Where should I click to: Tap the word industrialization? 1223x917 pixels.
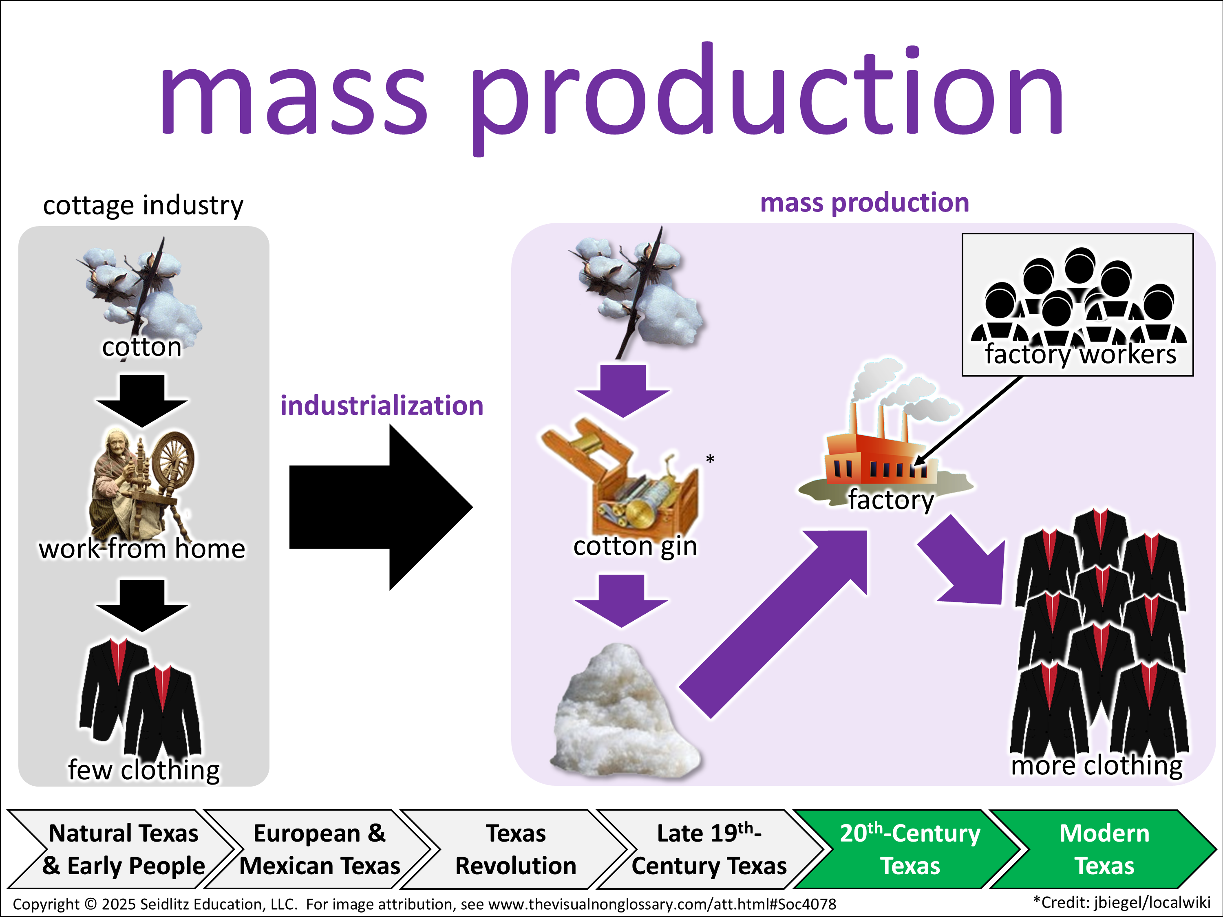(382, 406)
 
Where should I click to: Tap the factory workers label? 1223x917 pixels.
(1080, 354)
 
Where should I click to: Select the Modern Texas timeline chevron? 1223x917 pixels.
(1104, 849)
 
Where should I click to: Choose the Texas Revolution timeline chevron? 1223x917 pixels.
(515, 849)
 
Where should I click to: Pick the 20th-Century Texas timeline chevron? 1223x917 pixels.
(910, 849)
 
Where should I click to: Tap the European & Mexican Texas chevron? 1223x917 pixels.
(320, 849)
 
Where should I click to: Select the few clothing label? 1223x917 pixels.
(144, 769)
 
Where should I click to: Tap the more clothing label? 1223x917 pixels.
(1096, 765)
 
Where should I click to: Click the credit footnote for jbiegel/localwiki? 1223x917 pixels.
(1122, 903)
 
